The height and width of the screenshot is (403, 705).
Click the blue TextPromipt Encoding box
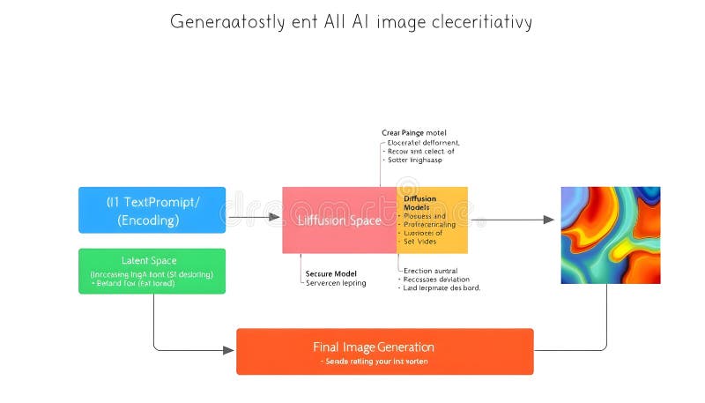(152, 210)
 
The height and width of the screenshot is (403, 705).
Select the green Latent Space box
(152, 271)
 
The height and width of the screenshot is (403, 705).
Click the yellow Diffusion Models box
(433, 220)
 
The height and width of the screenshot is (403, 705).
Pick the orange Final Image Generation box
(384, 351)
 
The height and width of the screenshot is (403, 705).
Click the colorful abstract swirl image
(610, 235)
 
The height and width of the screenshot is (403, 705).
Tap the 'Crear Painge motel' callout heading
(413, 132)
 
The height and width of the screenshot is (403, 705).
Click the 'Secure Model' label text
(330, 273)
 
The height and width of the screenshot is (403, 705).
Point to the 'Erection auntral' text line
(430, 271)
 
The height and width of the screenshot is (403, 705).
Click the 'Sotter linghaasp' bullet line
(414, 160)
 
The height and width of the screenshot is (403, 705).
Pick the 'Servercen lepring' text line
(335, 283)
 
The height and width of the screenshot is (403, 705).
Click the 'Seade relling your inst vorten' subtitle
(384, 362)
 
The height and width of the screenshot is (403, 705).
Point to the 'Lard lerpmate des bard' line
(441, 288)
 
